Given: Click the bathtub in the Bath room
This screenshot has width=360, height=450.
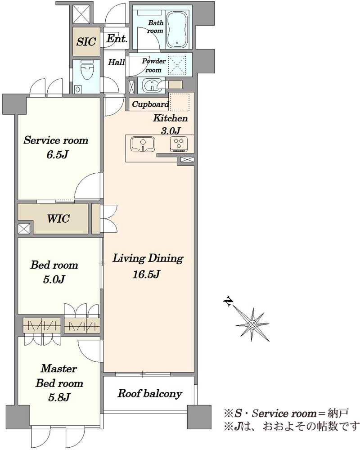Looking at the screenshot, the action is pos(178,30).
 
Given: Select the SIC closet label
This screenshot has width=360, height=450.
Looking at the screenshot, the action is pos(86,41).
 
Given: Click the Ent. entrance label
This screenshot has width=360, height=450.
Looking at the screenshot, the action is pos(117,38).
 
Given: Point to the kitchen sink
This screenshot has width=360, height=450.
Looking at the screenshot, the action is pos(143,144).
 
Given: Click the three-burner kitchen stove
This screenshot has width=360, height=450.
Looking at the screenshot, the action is pos(179,144).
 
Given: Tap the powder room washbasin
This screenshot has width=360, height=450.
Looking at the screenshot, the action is pos(150,85).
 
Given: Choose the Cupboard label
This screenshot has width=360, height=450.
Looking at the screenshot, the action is pos(150,104).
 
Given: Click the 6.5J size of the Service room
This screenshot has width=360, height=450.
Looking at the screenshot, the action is pos(57,155).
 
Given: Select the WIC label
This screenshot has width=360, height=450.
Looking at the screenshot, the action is pos(58,219).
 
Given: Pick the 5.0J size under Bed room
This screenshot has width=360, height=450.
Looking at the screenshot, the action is pos(54,279).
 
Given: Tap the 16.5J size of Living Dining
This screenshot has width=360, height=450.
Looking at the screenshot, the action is pos(146,274).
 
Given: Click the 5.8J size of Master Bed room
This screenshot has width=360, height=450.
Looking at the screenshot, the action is pos(59,397).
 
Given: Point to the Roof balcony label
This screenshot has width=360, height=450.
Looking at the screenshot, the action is pos(149,393).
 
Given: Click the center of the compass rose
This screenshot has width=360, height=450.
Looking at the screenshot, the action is pos(252,324).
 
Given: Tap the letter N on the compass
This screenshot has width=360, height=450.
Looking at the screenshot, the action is pos(228,301).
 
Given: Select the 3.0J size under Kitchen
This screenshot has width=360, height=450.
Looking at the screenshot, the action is pos(171,131).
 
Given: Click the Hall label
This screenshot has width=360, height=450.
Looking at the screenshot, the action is pos(116,62).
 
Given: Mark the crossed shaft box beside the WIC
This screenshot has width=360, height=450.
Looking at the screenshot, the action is pos(23,229).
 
